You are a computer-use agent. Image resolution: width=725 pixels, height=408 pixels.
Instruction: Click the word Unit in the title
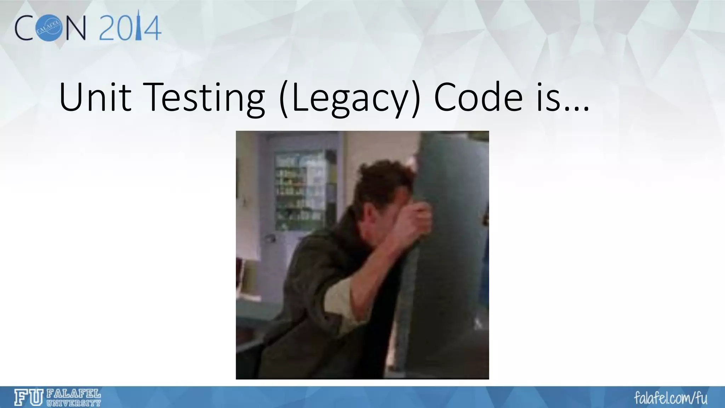(95, 97)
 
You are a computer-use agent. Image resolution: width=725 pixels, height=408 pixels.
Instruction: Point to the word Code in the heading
(478, 97)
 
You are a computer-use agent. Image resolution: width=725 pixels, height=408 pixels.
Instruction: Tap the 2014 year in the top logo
(130, 27)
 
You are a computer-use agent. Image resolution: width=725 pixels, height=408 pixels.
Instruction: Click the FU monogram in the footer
(28, 397)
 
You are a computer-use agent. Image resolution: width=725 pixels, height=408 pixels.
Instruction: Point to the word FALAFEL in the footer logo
(74, 394)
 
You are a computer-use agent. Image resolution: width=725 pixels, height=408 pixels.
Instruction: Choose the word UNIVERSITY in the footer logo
(74, 403)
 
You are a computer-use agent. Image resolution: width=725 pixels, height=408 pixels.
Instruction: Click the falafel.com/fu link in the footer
(670, 398)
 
